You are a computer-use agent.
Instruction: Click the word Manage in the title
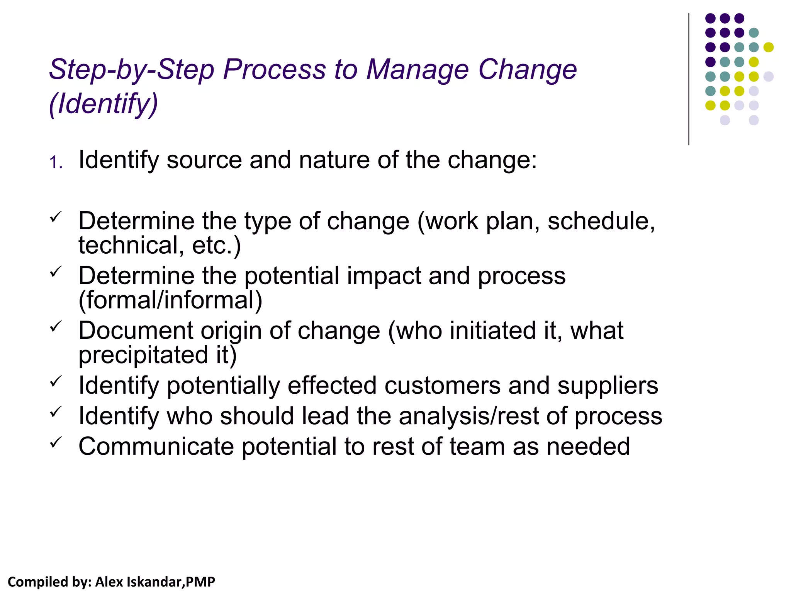pos(417,70)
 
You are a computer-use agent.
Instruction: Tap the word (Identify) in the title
pos(104,104)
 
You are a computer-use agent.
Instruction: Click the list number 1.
pos(56,162)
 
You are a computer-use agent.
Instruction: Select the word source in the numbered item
pos(204,160)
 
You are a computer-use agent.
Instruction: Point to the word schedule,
pos(601,221)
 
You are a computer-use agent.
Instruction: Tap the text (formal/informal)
pos(170,300)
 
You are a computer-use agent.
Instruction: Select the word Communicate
pos(156,447)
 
